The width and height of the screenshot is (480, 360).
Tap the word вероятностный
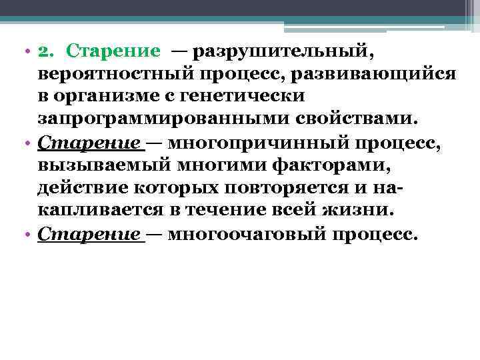pyautogui.click(x=113, y=73)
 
